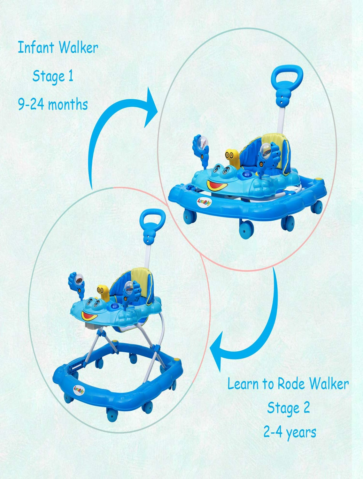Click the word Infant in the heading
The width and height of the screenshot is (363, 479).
36,47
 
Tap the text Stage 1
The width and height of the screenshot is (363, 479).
53,77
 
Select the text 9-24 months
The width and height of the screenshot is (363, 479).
53,104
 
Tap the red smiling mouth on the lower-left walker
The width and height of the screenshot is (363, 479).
89,315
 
